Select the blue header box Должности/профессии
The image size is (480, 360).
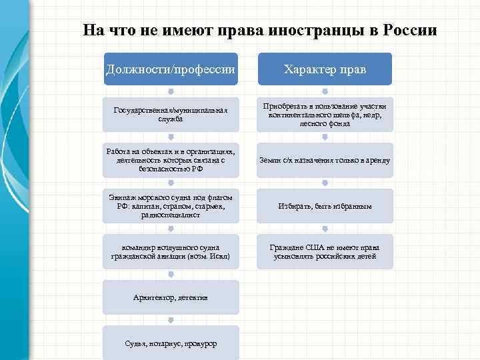coord(171,69)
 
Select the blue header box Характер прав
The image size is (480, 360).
coord(325,69)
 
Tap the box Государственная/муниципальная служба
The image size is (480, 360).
coord(171,115)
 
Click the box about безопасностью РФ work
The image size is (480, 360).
coord(171,161)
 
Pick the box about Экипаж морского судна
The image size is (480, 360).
coord(171,206)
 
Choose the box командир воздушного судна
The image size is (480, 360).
coord(171,252)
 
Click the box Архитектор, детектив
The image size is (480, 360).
coord(171,297)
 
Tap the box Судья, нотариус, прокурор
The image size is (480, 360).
coord(171,343)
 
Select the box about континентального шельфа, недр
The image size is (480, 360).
coord(325,115)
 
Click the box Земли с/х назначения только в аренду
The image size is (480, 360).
coord(325,161)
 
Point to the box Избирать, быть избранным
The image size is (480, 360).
coord(325,206)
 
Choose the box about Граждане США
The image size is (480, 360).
coord(325,252)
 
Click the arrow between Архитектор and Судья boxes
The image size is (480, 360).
coord(171,320)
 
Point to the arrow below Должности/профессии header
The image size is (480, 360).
coord(171,92)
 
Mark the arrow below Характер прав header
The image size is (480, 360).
coord(325,92)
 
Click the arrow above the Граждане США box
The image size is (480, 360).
coord(325,229)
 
